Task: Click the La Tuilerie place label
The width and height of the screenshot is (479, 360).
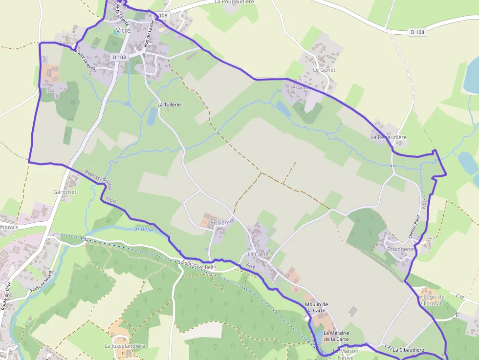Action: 169,105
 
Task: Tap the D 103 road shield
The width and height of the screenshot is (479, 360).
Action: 119,57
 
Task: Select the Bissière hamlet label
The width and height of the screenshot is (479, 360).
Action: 219,223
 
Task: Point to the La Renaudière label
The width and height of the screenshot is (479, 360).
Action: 389,137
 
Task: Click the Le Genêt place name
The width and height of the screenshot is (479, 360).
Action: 325,70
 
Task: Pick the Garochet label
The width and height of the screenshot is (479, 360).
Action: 65,192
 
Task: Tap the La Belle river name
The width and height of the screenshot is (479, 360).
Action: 143,229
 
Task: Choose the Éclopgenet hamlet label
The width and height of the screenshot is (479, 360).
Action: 401,249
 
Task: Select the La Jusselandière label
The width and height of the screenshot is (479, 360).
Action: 125,346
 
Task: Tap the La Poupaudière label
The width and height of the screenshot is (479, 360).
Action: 234,2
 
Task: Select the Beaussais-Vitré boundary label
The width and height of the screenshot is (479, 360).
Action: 98,179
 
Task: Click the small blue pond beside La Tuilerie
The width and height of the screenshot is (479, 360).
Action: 152,116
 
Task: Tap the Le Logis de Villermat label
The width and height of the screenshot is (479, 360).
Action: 431,300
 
